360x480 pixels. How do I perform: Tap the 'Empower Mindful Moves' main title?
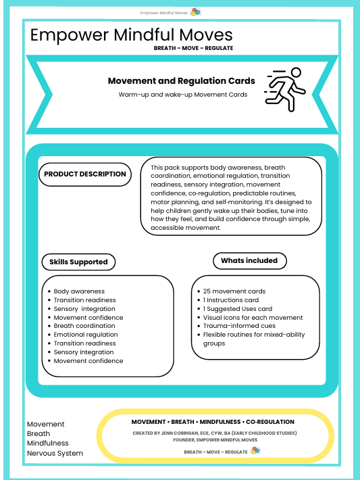132,35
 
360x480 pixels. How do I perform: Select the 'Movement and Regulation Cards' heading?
182,81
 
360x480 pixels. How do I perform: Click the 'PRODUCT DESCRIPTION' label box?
85,174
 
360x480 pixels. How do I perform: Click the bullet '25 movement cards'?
234,291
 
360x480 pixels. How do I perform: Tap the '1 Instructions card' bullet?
231,300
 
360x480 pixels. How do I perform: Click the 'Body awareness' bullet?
79,291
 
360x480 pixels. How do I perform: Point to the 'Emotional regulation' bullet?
86,335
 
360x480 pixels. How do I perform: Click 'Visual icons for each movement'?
253,317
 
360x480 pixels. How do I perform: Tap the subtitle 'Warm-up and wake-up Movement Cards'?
182,95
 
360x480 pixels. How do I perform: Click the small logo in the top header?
195,12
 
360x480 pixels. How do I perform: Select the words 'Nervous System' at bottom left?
55,453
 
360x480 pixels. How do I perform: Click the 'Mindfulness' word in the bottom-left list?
48,443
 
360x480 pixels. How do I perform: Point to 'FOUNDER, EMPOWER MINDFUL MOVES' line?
215,439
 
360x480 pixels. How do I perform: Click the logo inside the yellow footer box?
255,450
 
